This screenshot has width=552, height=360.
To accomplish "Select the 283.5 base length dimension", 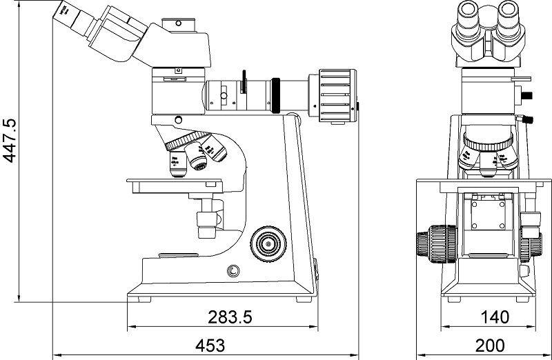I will click(x=230, y=317).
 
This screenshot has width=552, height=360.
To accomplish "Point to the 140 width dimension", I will click(x=494, y=317).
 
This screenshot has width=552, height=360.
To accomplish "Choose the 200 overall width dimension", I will click(x=490, y=344).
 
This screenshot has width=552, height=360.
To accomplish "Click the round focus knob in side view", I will click(x=268, y=243).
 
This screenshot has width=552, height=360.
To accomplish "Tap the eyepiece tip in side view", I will click(x=66, y=12).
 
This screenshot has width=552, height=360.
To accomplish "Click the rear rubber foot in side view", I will click(x=305, y=300).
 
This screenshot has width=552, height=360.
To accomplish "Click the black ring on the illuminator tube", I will click(x=276, y=95).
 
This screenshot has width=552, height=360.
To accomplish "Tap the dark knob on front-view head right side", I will click(x=528, y=92).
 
